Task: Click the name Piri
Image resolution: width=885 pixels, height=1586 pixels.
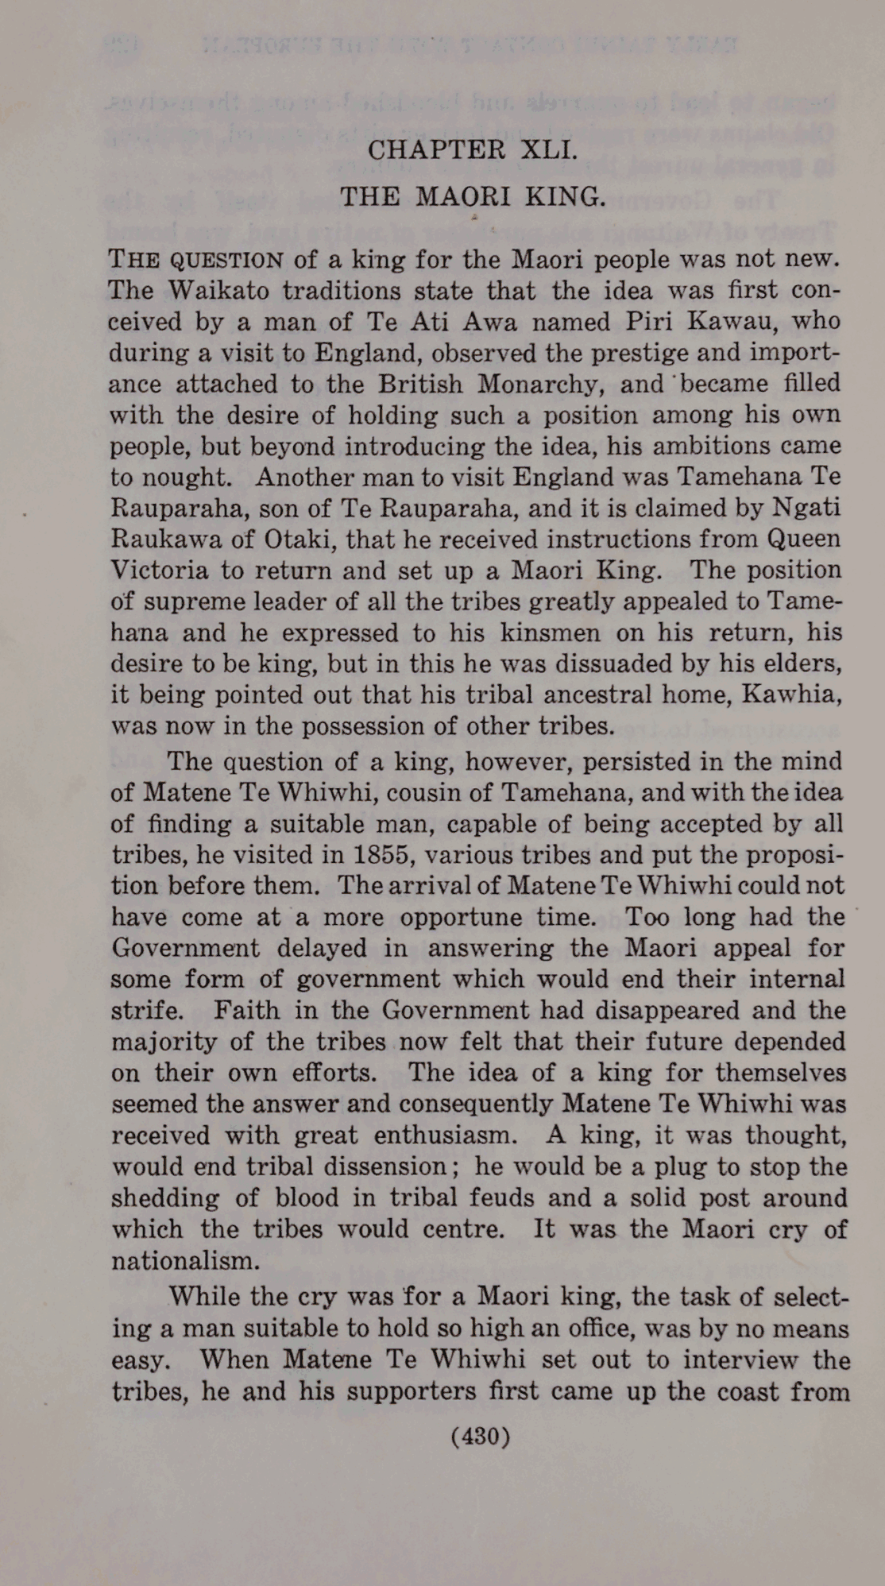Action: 651,321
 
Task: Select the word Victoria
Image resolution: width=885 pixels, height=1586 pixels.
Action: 160,571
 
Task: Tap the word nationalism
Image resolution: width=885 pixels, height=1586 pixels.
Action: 185,1261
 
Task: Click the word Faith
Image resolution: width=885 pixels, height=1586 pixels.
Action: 246,1011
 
